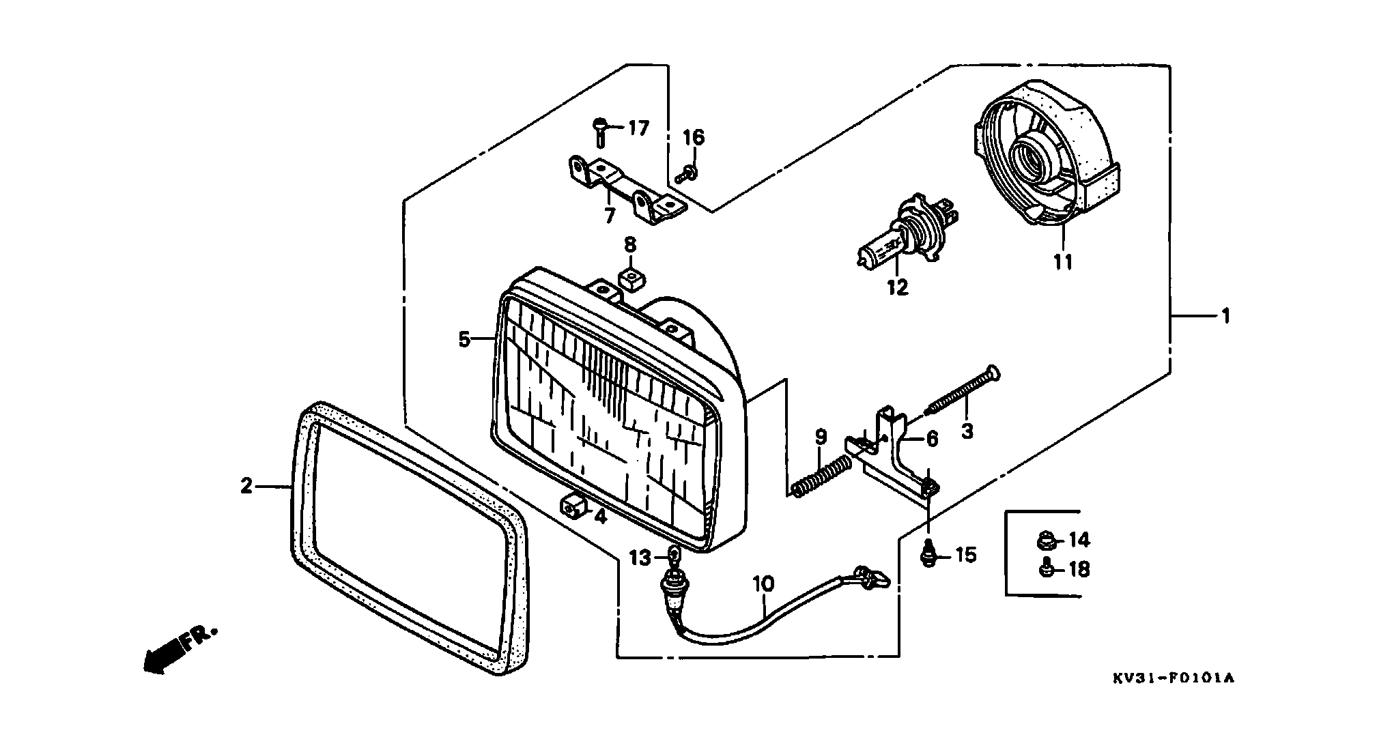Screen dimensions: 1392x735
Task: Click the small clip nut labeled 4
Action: [573, 506]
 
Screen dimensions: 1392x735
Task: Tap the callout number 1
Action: [1225, 316]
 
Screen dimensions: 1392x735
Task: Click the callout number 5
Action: [464, 339]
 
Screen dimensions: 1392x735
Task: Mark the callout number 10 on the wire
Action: [763, 583]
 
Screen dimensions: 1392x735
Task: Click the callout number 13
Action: [641, 558]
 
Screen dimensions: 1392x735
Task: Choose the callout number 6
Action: [932, 440]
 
